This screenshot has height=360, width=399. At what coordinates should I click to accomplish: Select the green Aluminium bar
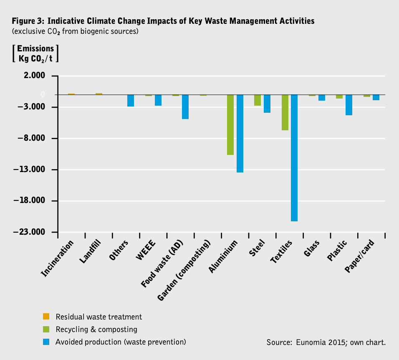pyautogui.click(x=230, y=125)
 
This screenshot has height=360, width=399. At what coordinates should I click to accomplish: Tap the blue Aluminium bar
pyautogui.click(x=240, y=134)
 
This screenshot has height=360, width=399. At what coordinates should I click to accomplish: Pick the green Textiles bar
pyautogui.click(x=285, y=112)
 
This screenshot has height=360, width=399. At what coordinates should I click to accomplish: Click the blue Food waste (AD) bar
pyautogui.click(x=185, y=107)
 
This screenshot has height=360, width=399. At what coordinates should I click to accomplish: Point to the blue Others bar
pyautogui.click(x=131, y=101)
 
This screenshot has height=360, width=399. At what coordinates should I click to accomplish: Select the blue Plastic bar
pyautogui.click(x=349, y=105)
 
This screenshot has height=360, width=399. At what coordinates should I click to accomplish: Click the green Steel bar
pyautogui.click(x=258, y=100)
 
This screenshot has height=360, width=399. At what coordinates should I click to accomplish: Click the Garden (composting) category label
pyautogui.click(x=184, y=271)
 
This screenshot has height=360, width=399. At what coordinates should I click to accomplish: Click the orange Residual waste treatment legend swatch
pyautogui.click(x=46, y=317)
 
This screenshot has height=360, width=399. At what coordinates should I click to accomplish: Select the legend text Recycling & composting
pyautogui.click(x=96, y=330)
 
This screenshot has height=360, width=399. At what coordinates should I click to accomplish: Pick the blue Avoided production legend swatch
pyautogui.click(x=46, y=342)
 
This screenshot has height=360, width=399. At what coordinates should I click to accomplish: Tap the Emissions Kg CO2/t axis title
pyautogui.click(x=35, y=53)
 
